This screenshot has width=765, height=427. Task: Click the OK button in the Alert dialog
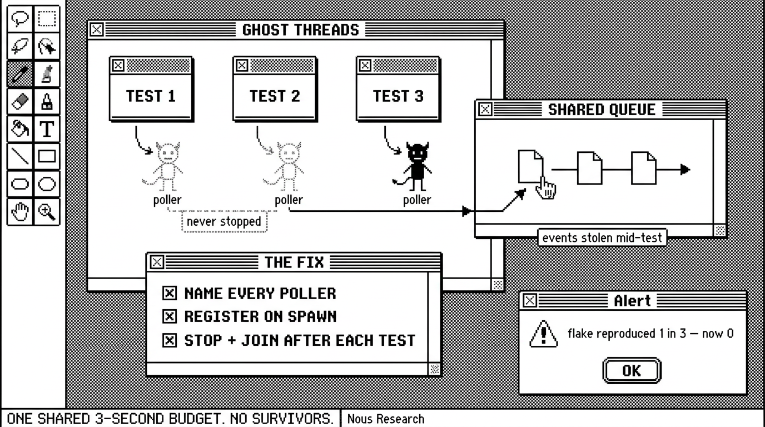pos(632,371)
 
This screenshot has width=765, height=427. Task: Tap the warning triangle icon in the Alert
pos(543,334)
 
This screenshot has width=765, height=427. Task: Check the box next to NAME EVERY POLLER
pos(170,293)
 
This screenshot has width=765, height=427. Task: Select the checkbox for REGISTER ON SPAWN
pos(170,316)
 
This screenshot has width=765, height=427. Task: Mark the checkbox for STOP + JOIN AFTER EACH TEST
pos(170,340)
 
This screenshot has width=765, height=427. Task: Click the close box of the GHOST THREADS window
pos(96,29)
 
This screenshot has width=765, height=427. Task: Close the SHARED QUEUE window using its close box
pos(485,110)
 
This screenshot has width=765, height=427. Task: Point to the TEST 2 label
pos(275,96)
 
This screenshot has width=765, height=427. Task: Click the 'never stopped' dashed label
pos(224,222)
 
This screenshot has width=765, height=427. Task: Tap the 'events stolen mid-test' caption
pos(602,237)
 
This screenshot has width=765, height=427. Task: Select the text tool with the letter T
pos(47,129)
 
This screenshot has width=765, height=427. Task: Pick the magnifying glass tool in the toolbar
pos(47,212)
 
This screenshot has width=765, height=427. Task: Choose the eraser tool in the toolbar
pos(20,101)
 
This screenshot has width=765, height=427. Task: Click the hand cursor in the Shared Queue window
pos(546,188)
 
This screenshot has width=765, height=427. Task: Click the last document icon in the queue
pos(643,168)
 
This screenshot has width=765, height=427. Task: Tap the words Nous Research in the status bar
pos(386,419)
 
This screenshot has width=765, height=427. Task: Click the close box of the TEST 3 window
pos(365,65)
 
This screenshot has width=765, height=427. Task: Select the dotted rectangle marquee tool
pos(47,19)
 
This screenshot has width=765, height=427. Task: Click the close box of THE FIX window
pos(157,262)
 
